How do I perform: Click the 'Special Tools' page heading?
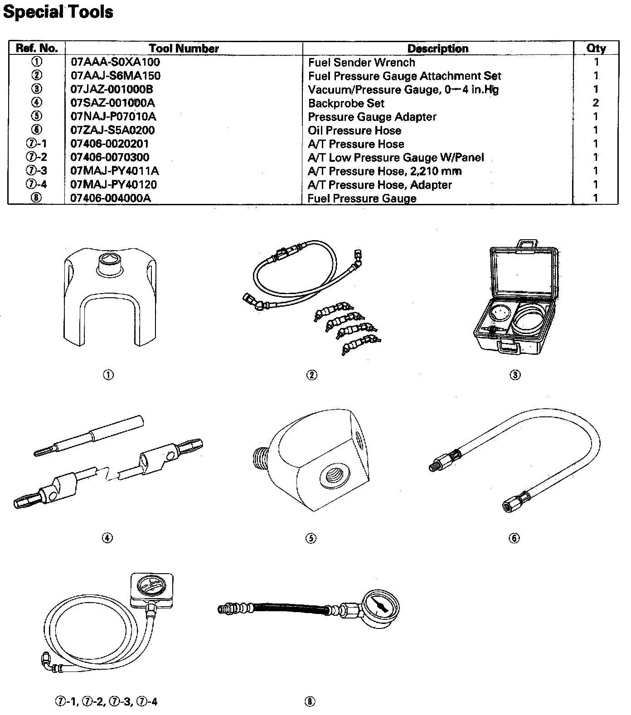pyautogui.click(x=58, y=12)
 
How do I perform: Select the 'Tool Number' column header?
pyautogui.click(x=184, y=48)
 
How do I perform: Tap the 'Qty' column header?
pyautogui.click(x=596, y=48)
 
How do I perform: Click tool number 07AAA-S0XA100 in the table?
pyautogui.click(x=115, y=62)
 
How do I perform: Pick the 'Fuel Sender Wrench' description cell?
pyautogui.click(x=361, y=63)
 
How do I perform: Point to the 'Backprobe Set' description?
pyautogui.click(x=346, y=103)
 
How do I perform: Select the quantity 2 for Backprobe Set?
pyautogui.click(x=596, y=103)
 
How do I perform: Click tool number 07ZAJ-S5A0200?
pyautogui.click(x=112, y=130)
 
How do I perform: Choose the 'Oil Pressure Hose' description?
pyautogui.click(x=354, y=130)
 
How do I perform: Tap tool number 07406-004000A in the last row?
pyautogui.click(x=111, y=198)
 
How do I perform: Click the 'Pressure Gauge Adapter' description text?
pyautogui.click(x=372, y=117)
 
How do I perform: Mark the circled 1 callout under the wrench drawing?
pyautogui.click(x=108, y=375)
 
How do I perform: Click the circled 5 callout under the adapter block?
pyautogui.click(x=311, y=538)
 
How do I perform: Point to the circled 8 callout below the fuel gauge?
pyautogui.click(x=310, y=702)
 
